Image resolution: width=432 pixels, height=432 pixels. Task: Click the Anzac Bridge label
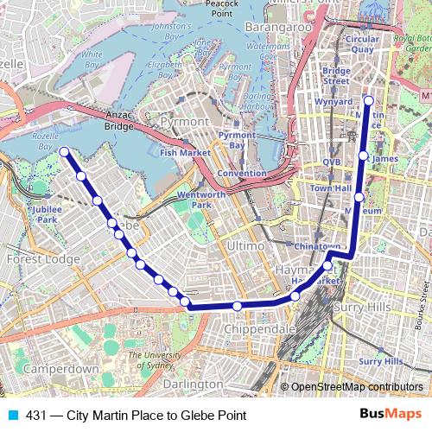pos(118,121)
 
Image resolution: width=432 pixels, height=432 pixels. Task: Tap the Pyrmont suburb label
pos(184,122)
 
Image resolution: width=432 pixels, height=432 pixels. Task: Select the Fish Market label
pos(185,152)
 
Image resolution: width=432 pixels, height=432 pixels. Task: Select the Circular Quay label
pos(362,45)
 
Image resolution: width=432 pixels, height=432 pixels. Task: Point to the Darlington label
pos(192,383)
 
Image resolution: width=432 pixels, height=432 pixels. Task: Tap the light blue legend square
pos(12,416)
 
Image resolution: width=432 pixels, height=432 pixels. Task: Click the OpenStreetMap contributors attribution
pos(357,387)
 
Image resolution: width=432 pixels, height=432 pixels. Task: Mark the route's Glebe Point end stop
pos(65,152)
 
